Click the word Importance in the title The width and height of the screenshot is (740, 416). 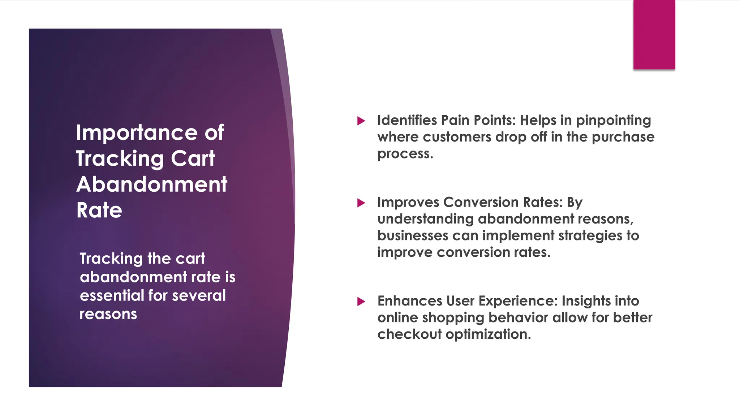[x=137, y=133]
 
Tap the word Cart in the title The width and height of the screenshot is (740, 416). [x=193, y=159]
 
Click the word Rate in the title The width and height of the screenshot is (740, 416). [x=99, y=210]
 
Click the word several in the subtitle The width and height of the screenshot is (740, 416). [x=199, y=295]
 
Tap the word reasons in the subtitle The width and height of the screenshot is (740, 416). [x=108, y=314]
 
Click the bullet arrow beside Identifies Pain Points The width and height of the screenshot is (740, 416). [x=361, y=121]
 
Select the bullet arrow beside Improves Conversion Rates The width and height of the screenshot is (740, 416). [x=361, y=203]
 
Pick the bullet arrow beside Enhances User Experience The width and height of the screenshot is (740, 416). [x=361, y=301]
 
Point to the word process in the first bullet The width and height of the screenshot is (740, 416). [x=405, y=154]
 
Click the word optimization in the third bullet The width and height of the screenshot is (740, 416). [x=488, y=334]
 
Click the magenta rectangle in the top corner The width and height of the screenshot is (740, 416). [x=654, y=35]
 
